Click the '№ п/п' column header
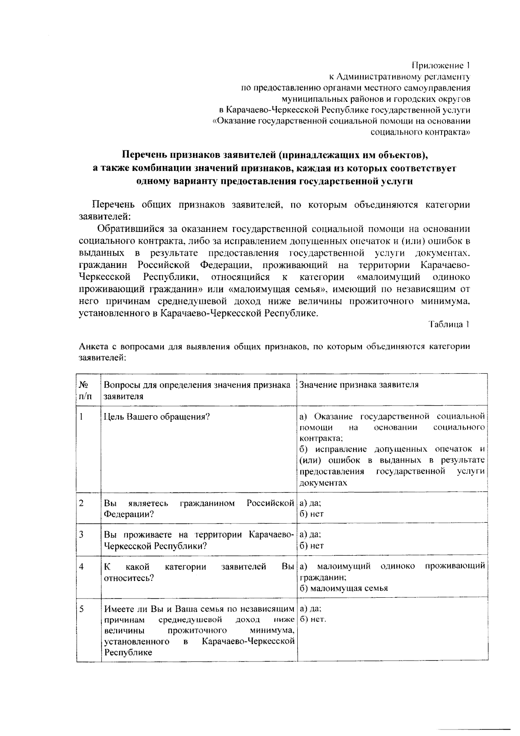pos(85,390)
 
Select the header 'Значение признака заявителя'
pos(359,384)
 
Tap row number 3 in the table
pos(81,534)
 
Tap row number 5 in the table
pos(81,609)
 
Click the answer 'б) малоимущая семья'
pos(344,588)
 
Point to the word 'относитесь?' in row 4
pos(129,578)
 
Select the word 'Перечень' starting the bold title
pos(143,155)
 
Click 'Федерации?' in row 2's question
pos(129,514)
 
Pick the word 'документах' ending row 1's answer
pos(323,482)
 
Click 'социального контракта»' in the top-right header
pos(420,132)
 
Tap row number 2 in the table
pos(81,503)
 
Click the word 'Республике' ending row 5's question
pos(128,652)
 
